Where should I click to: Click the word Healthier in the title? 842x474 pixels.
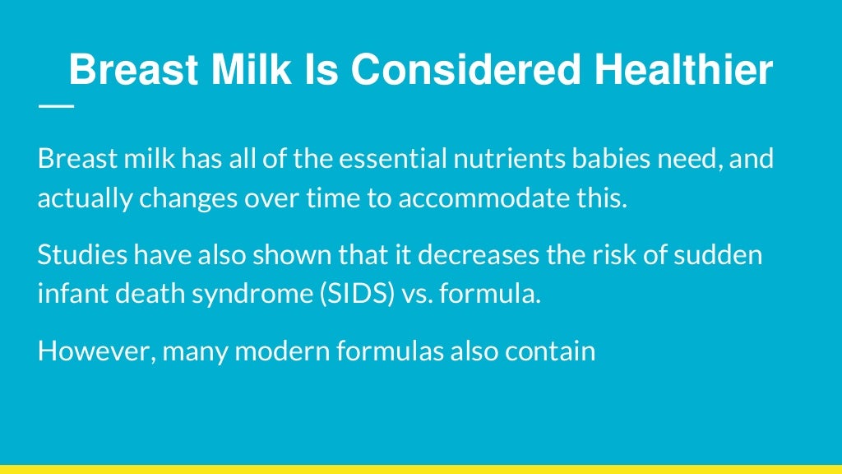pyautogui.click(x=683, y=70)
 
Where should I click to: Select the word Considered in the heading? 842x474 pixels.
pyautogui.click(x=466, y=70)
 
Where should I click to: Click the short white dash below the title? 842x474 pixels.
pyautogui.click(x=55, y=106)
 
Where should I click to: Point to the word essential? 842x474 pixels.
pyautogui.click(x=391, y=159)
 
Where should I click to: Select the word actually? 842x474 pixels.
pyautogui.click(x=73, y=199)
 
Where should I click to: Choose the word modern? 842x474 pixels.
pyautogui.click(x=283, y=351)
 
